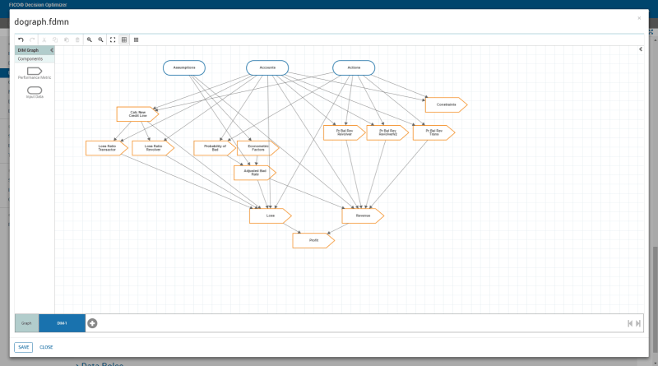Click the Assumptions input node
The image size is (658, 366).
pos(183,67)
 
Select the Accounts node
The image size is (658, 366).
pos(267,67)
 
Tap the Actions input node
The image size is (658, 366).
pos(353,67)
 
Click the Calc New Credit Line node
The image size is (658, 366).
pos(137,114)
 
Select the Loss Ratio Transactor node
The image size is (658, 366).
pos(106,148)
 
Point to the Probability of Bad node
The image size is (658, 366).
pos(214,148)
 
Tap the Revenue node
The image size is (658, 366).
pos(362,215)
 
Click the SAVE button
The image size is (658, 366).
pos(23,347)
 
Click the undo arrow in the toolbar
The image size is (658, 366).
pos(21,39)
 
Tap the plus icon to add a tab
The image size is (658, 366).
pos(92,323)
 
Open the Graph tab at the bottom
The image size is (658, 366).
pos(26,323)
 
